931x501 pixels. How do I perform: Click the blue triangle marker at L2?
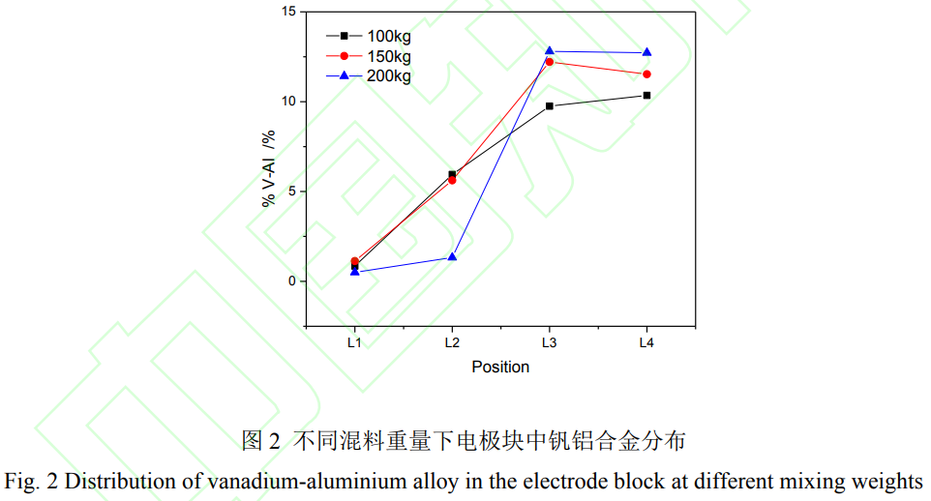pyautogui.click(x=452, y=256)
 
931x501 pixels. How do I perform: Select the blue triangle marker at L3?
pyautogui.click(x=550, y=50)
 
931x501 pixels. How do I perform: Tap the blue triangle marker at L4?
pyautogui.click(x=646, y=52)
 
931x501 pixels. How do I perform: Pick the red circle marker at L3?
pyautogui.click(x=550, y=62)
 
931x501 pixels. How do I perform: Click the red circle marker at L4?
pyautogui.click(x=646, y=74)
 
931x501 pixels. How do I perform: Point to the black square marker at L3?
pyautogui.click(x=550, y=106)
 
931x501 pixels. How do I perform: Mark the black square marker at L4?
pyautogui.click(x=646, y=95)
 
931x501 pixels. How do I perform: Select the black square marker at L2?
pyautogui.click(x=452, y=174)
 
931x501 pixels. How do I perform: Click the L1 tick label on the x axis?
pyautogui.click(x=354, y=342)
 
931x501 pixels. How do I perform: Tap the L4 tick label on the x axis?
pyautogui.click(x=646, y=342)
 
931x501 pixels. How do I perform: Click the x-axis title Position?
pyautogui.click(x=500, y=367)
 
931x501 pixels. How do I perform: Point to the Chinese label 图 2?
pyautogui.click(x=260, y=442)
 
